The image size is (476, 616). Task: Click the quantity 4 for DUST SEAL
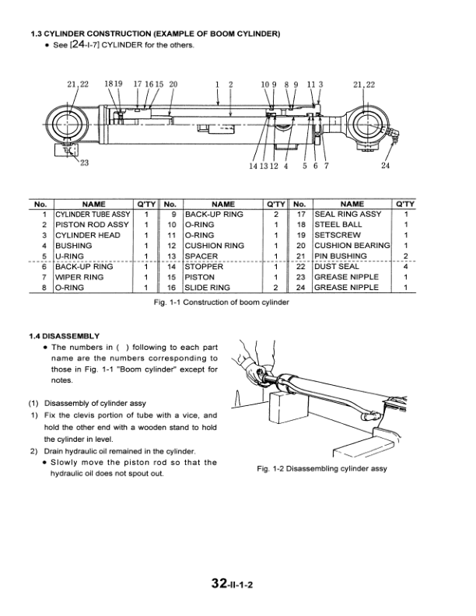[405, 266]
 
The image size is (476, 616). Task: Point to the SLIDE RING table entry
[207, 287]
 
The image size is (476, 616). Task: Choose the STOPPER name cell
[204, 266]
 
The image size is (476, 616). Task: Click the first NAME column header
[93, 203]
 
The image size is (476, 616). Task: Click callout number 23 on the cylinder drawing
[84, 163]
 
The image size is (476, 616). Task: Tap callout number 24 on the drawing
[386, 165]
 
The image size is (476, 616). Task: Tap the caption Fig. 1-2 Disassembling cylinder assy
[321, 469]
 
